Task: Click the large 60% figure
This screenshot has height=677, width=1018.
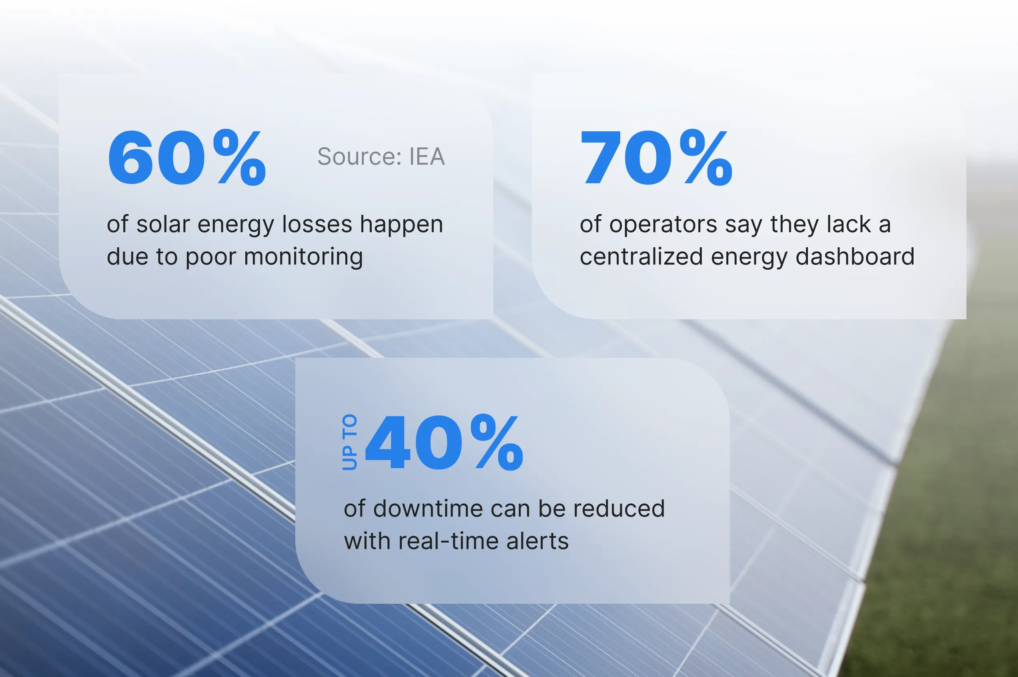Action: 187,158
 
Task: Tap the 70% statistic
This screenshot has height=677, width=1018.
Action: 656,158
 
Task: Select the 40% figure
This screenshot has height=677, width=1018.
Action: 444,442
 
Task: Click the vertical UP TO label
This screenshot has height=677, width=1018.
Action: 350,442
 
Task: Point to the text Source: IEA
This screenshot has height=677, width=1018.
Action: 381,156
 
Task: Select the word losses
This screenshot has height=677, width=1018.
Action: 317,224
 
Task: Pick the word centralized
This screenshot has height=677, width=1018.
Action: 641,257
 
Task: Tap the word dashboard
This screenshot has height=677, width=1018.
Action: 855,256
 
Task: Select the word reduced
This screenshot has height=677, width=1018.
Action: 619,508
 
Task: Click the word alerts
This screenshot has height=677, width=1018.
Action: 537,541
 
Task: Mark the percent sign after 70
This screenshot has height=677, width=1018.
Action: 706,158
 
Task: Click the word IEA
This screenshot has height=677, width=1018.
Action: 427,156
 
